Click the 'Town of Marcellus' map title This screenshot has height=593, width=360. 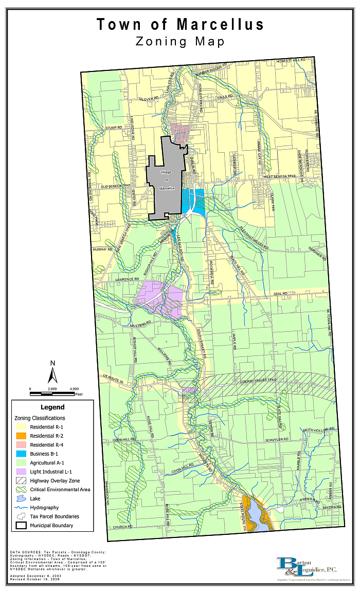coord(180,24)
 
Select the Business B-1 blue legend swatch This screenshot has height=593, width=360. coord(22,454)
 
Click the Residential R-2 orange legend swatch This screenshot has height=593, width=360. coord(22,436)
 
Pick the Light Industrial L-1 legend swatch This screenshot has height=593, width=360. coord(22,472)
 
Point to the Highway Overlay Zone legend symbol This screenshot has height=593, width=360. coord(22,480)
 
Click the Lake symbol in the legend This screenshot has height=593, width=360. coord(22,498)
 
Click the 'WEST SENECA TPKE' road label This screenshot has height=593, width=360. coord(281,177)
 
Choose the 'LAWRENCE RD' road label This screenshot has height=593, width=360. coord(127,279)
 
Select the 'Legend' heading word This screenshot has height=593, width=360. coord(52,407)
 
